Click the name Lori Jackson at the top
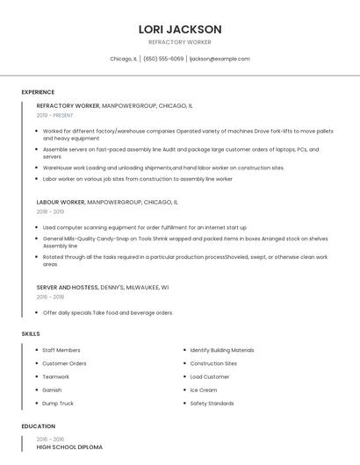point(180,29)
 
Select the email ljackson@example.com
point(220,59)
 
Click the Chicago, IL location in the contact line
point(123,59)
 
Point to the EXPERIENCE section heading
point(38,92)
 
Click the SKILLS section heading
point(31,333)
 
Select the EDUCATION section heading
point(38,426)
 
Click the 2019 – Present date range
point(54,115)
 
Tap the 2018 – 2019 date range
point(50,211)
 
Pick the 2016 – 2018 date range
point(50,297)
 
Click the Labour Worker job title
point(61,202)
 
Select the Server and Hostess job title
point(68,287)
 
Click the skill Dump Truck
point(58,404)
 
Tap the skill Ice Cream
point(203,390)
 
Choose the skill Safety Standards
point(212,404)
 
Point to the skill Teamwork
point(55,377)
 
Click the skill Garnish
point(52,390)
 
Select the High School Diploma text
point(69,447)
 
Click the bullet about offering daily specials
point(108,312)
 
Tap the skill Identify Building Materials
point(222,350)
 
